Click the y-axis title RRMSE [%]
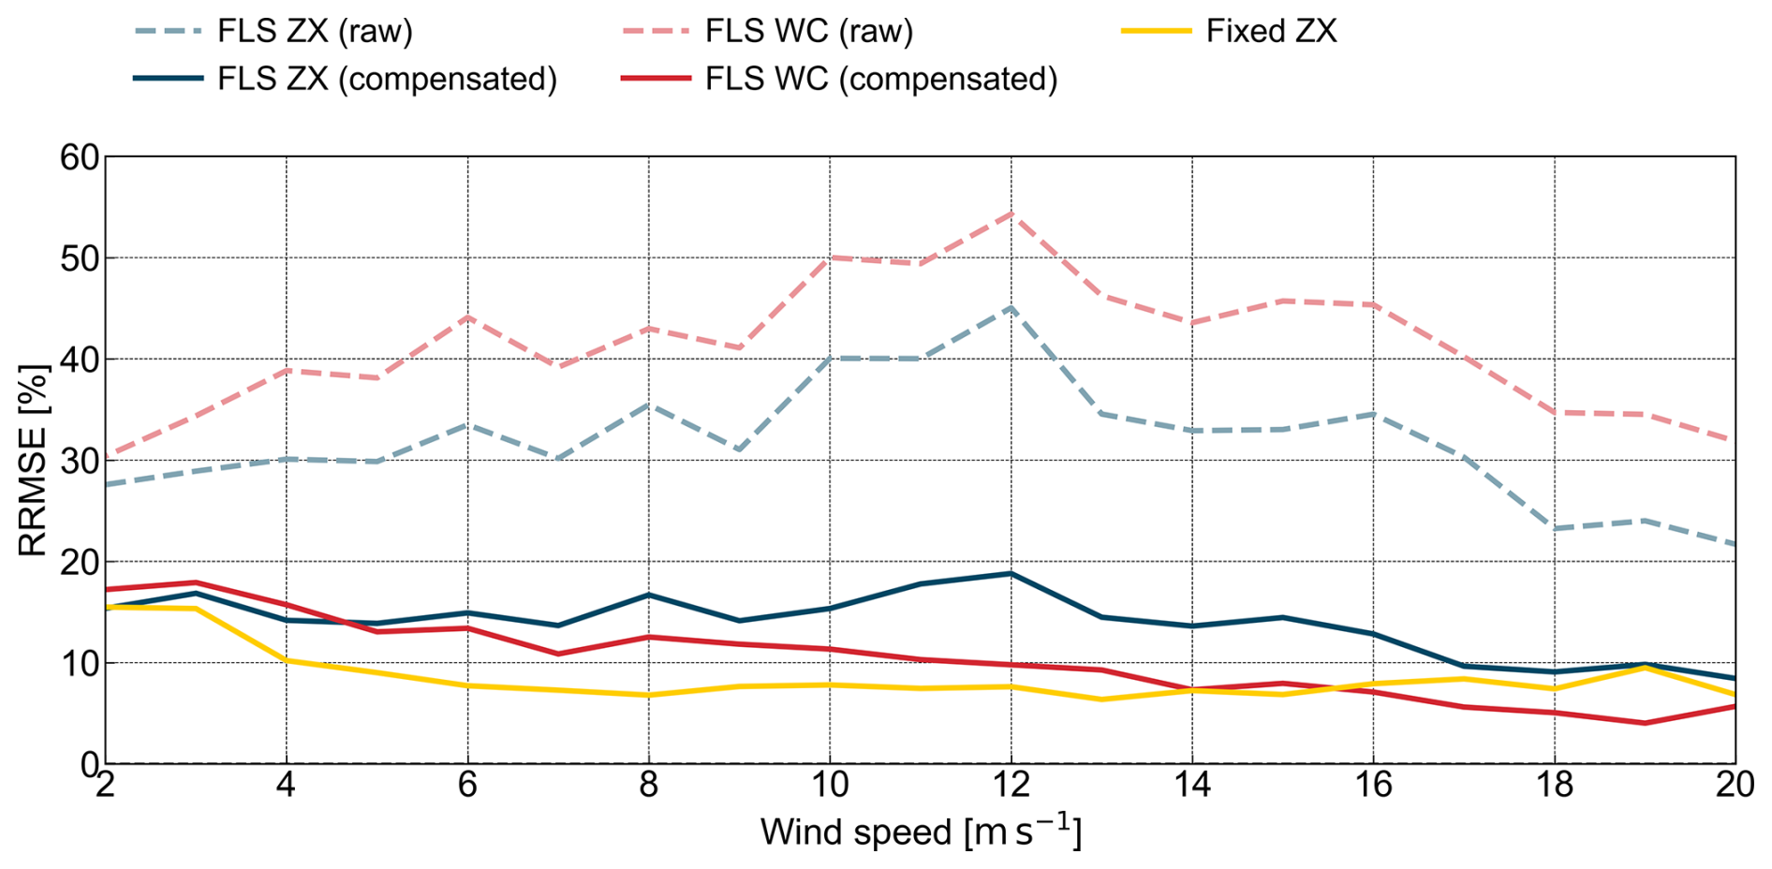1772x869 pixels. click(x=32, y=460)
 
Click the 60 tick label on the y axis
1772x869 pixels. click(x=79, y=157)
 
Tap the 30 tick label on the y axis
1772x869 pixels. click(x=79, y=461)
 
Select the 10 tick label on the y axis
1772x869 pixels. click(x=79, y=663)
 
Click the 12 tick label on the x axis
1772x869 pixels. click(x=1011, y=785)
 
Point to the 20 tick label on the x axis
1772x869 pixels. click(x=1735, y=785)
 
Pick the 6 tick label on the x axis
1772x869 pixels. click(x=467, y=785)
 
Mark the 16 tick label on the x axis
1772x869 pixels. click(x=1373, y=785)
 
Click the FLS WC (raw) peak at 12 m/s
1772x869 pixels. click(x=1011, y=214)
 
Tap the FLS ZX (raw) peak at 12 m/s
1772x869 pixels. click(x=1011, y=307)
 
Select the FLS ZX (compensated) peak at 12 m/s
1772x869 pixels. click(x=1011, y=573)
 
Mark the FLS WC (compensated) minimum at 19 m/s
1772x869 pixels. click(x=1645, y=723)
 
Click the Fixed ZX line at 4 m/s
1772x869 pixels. click(x=287, y=660)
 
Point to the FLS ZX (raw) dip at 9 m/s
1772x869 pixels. click(x=739, y=450)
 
